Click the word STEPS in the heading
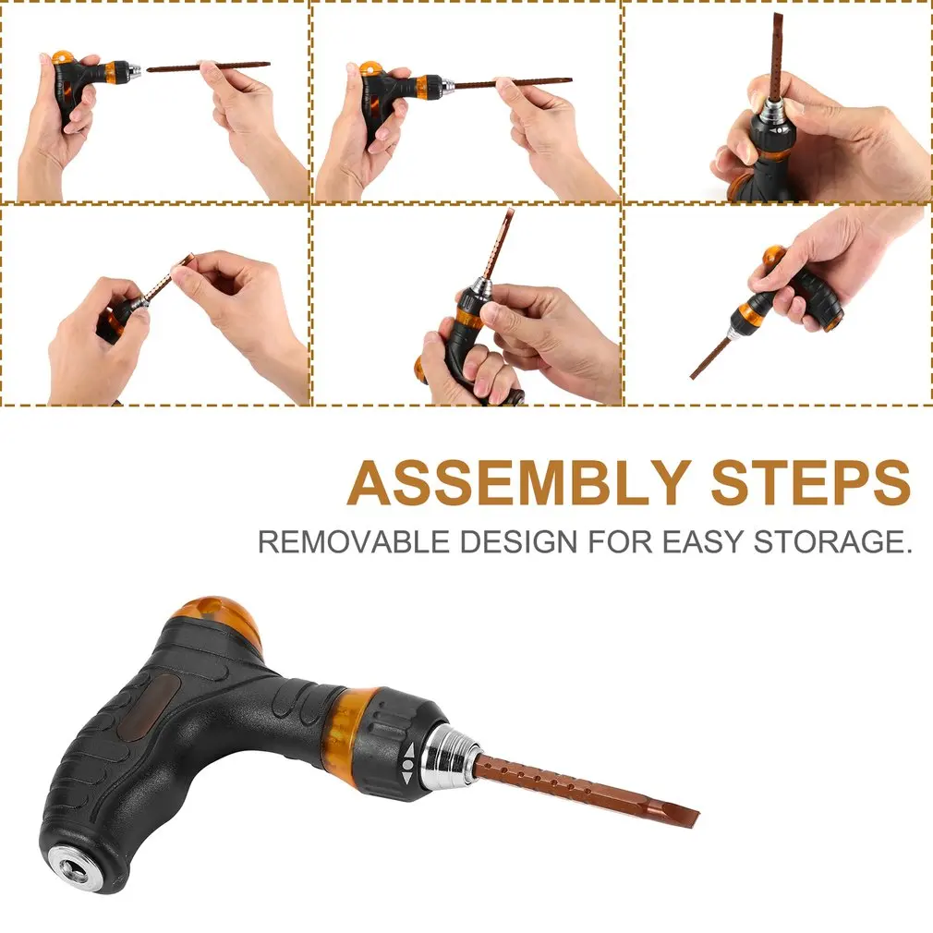coord(810,482)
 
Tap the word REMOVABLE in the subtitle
coord(355,542)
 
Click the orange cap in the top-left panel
coord(64,57)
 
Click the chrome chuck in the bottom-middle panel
coord(480,288)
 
